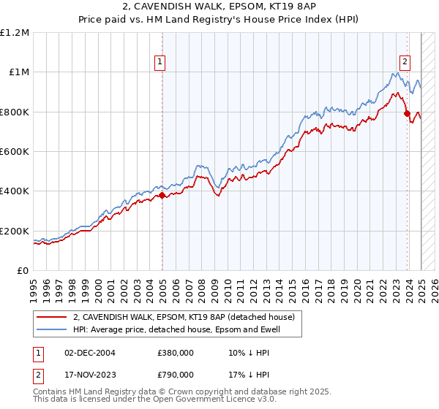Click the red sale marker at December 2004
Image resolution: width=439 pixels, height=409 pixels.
tap(162, 195)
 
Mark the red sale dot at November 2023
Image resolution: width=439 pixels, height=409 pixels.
tap(407, 113)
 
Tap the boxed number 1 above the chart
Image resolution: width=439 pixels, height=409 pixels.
tap(159, 62)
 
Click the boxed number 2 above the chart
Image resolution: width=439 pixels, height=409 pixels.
tap(404, 62)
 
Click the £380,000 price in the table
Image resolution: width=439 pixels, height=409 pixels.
tap(176, 352)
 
